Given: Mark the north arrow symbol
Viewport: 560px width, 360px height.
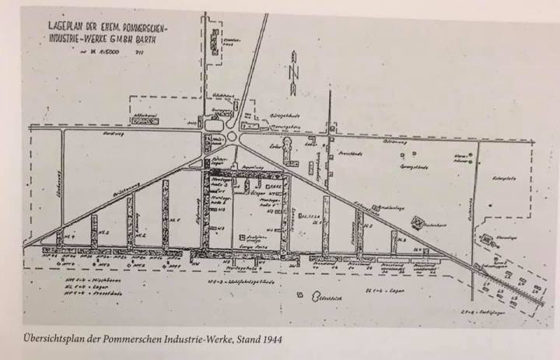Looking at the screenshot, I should pyautogui.click(x=294, y=70).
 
